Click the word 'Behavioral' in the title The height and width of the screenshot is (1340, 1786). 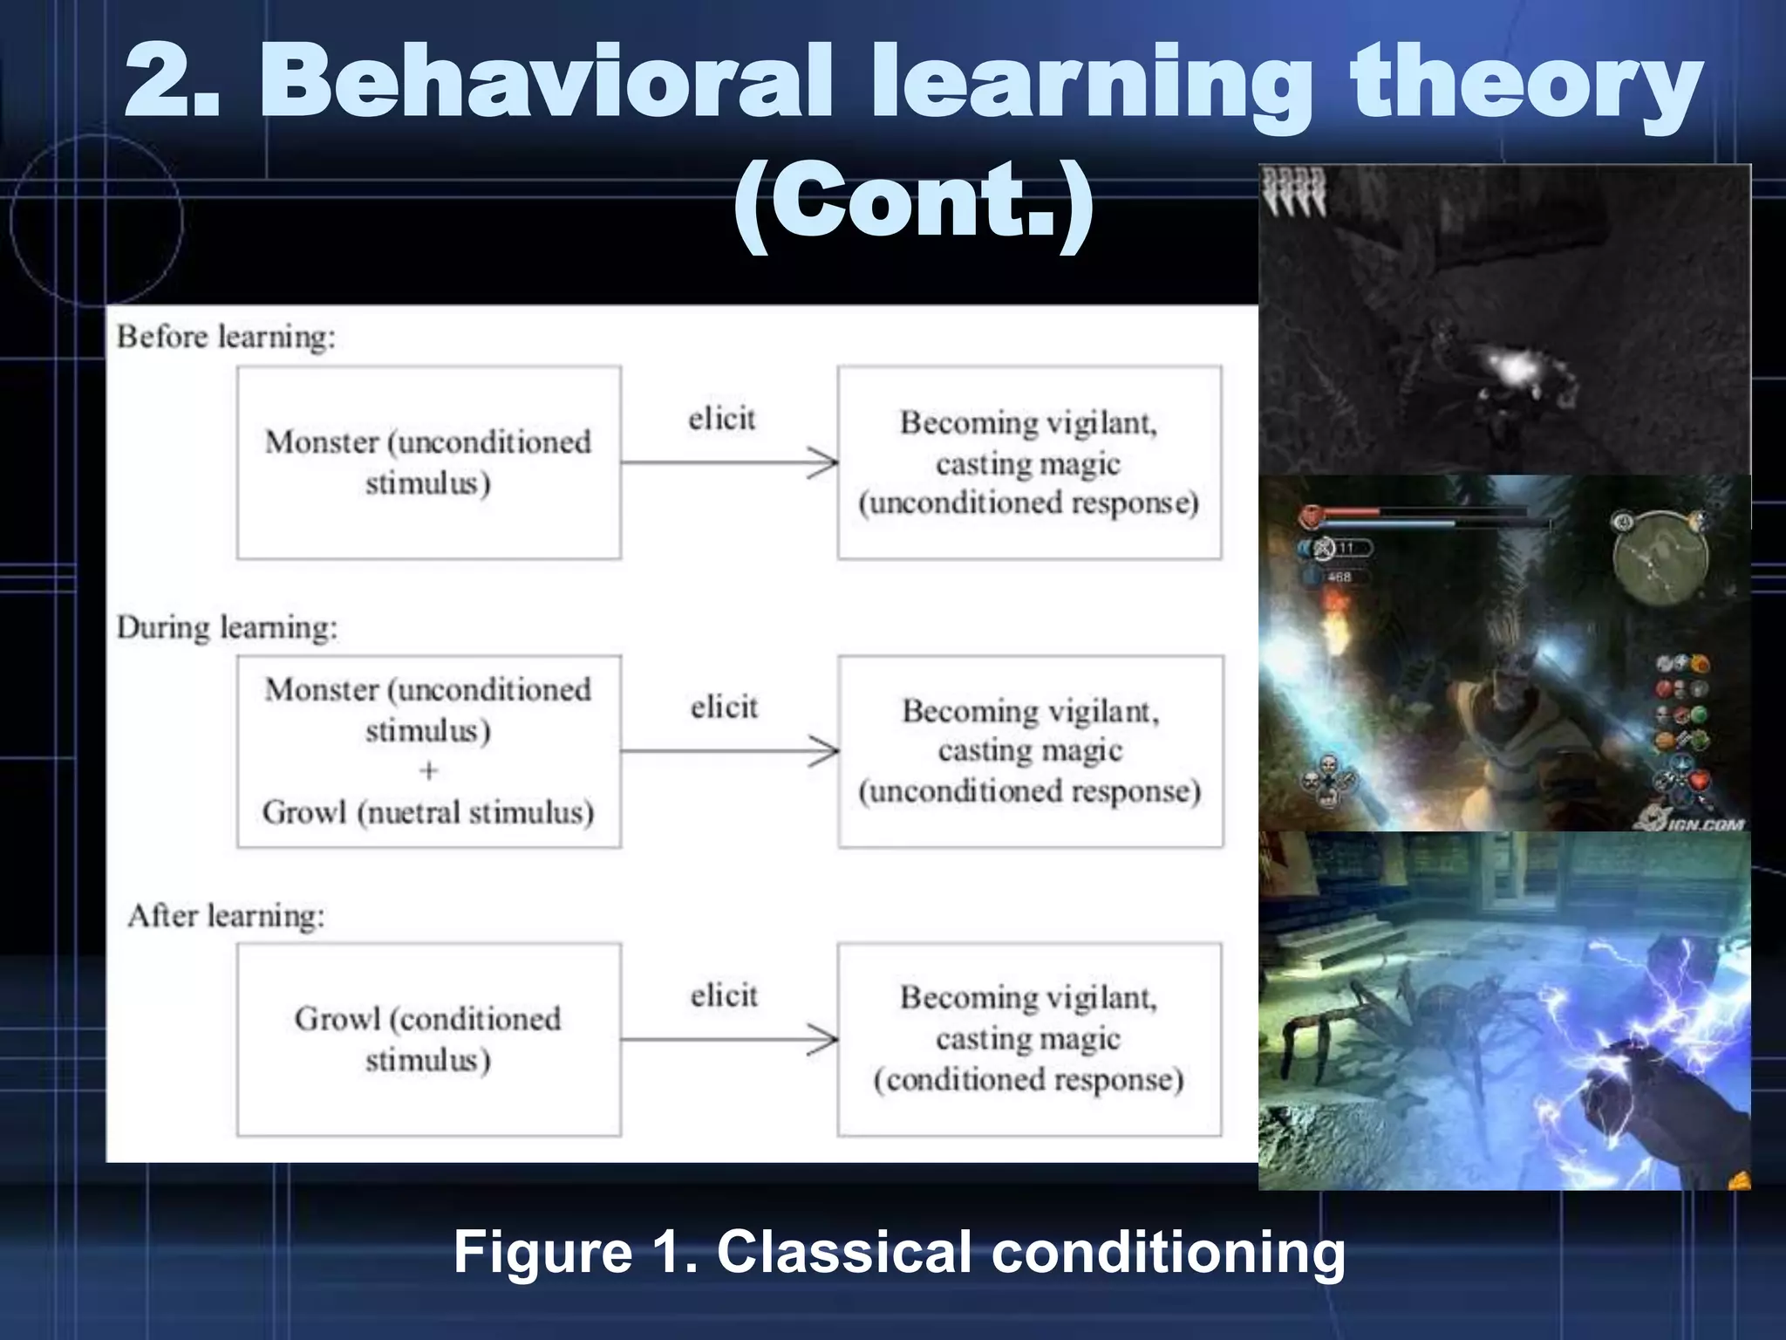point(545,83)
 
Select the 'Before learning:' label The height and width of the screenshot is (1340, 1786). point(226,337)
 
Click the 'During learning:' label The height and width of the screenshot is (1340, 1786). point(227,627)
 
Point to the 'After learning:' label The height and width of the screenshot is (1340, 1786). point(226,916)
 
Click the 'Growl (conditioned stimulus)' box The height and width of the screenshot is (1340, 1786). point(428,1039)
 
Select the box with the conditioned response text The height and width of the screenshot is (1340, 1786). point(1029,1039)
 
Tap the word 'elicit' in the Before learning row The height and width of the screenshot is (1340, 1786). point(721,419)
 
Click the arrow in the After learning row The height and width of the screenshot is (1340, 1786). point(729,1039)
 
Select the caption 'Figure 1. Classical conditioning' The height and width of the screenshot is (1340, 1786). point(899,1252)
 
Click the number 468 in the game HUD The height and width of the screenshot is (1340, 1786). point(1339,577)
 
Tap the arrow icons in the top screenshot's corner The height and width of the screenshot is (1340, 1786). point(1295,192)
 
